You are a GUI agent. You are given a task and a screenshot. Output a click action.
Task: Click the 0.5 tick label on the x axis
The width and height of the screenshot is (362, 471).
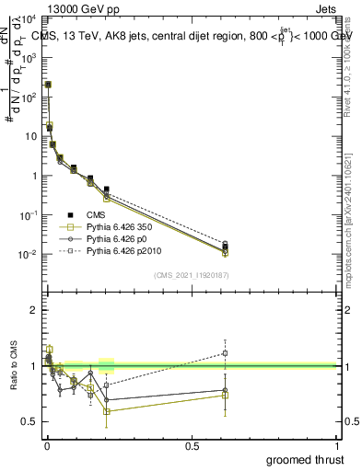point(192,445)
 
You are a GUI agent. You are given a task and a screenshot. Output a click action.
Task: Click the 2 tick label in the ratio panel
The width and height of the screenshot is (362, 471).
point(33,311)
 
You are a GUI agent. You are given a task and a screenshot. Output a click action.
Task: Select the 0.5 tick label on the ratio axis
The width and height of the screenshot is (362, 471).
point(29,421)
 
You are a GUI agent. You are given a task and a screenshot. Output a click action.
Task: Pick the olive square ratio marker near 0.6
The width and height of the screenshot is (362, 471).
point(108,411)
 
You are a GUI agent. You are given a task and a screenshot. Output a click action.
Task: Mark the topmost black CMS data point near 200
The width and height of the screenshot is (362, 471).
point(48,84)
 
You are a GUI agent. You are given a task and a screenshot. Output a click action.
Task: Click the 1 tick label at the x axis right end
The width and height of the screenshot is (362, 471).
point(337,445)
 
